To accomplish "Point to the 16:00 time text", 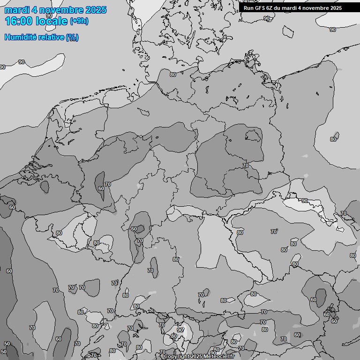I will [19, 22].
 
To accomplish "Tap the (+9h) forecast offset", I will [79, 21].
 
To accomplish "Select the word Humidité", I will [20, 37].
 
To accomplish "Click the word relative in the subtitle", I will [50, 37].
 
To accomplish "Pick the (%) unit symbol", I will [72, 37].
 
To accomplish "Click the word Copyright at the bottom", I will [178, 357].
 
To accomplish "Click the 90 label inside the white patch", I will [305, 201].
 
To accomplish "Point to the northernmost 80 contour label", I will [173, 75].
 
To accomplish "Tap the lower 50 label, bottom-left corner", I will [4, 352].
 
